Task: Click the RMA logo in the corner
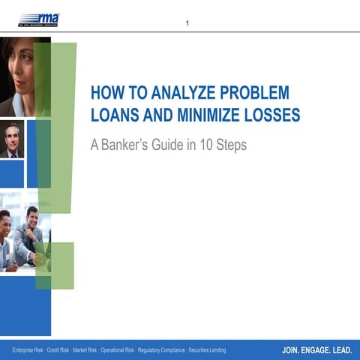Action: [39, 18]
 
